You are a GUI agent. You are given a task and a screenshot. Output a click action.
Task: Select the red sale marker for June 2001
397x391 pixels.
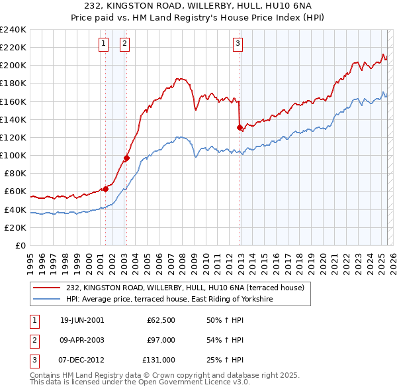click(x=105, y=189)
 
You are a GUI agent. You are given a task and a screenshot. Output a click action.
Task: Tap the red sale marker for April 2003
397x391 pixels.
click(x=126, y=158)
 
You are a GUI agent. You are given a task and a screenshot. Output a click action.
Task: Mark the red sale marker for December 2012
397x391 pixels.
click(x=240, y=127)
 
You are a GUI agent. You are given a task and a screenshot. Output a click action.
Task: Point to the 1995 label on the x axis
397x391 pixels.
click(x=30, y=259)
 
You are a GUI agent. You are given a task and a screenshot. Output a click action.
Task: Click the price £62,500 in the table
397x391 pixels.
click(x=161, y=320)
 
